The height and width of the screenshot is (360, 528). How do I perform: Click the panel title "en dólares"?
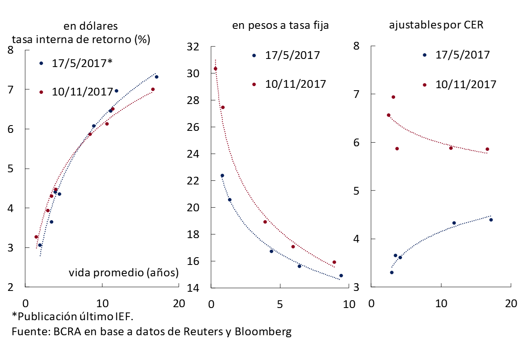pos(90,26)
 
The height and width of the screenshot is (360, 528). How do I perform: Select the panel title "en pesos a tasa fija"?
pos(280,26)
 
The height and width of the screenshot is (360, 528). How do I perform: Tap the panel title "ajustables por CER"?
pos(436,25)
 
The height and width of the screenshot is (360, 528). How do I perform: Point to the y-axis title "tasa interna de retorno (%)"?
pos(81,39)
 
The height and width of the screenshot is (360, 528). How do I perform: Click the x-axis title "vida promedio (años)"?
pos(124,272)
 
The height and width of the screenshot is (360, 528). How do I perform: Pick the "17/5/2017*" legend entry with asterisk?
pos(82,63)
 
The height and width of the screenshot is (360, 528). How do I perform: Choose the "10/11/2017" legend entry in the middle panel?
pos(296,84)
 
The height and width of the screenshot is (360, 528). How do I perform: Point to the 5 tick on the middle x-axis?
pos(279,304)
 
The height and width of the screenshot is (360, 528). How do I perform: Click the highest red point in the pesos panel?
pos(215,69)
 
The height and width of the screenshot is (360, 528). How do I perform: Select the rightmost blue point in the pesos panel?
pos(341,275)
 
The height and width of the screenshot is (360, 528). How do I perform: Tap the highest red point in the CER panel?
pos(393,97)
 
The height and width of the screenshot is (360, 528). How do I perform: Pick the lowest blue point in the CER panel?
pos(391,272)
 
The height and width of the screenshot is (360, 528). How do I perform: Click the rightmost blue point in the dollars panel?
pos(156,77)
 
